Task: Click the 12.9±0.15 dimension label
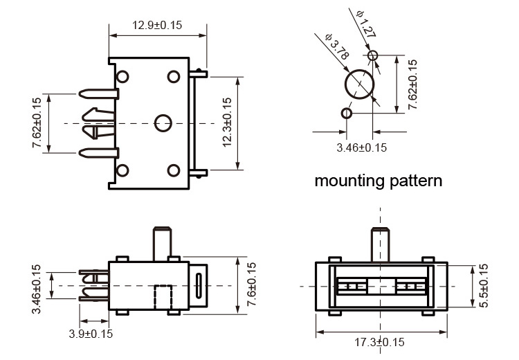157,25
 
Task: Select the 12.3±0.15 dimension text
226,123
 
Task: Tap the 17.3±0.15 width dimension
379,342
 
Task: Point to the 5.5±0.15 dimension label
484,286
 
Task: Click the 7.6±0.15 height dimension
251,285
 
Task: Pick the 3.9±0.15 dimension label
90,333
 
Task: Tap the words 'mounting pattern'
379,181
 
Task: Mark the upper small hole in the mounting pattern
373,55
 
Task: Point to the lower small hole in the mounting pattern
347,112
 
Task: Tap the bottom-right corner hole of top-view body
174,170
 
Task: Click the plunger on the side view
163,242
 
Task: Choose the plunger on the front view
380,244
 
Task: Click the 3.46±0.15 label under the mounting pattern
361,147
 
